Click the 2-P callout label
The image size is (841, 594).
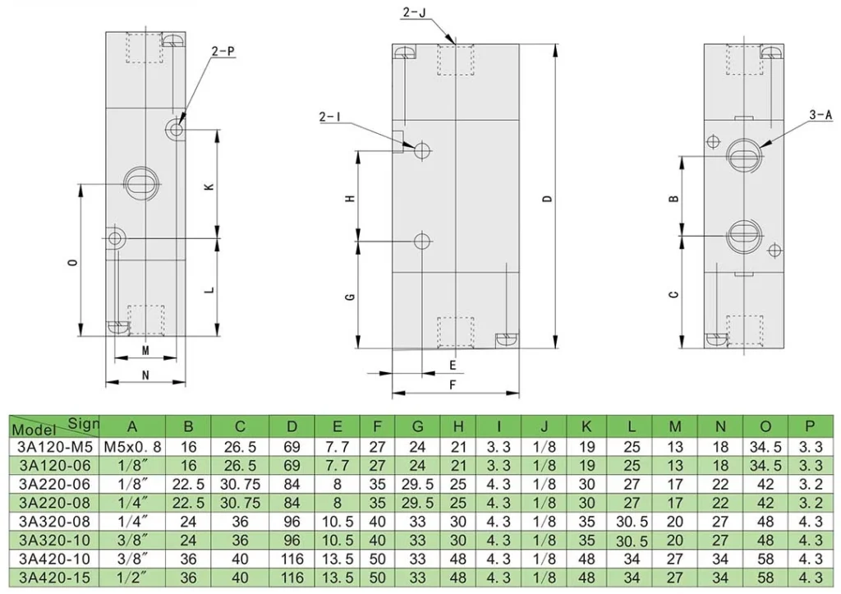(223, 51)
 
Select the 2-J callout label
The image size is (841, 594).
(414, 12)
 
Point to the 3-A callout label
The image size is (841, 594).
(820, 117)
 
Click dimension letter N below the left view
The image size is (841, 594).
(145, 375)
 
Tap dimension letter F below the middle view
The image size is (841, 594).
(453, 384)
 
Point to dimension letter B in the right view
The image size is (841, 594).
(673, 199)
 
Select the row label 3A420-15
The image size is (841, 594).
(53, 577)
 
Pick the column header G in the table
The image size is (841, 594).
(417, 426)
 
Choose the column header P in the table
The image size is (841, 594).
(811, 426)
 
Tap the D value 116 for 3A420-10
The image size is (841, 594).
(292, 559)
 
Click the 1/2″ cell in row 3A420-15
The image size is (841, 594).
(132, 577)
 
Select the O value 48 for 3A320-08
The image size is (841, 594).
(765, 522)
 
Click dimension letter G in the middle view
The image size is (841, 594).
(350, 296)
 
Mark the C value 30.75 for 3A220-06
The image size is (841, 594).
(239, 485)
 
